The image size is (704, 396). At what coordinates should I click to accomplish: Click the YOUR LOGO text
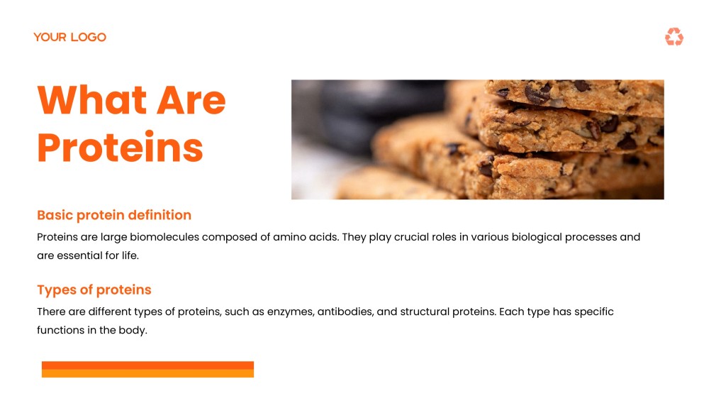click(x=69, y=37)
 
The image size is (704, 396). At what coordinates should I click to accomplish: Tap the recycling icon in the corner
click(x=674, y=37)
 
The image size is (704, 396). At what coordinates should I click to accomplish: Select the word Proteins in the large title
click(x=121, y=148)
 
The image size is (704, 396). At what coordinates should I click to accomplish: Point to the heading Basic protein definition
click(x=114, y=215)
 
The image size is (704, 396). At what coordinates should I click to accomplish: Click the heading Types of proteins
click(x=94, y=290)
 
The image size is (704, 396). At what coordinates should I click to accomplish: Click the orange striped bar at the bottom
click(x=147, y=369)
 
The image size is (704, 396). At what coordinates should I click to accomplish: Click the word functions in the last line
click(x=61, y=330)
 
